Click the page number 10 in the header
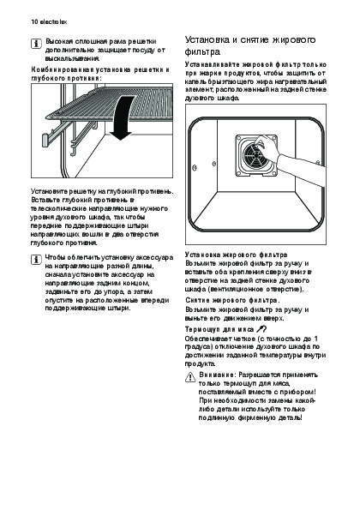click(x=34, y=22)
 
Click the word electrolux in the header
click(x=53, y=22)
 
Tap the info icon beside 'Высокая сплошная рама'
click(x=36, y=44)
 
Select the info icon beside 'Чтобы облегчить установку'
click(x=36, y=260)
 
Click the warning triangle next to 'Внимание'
click(x=190, y=377)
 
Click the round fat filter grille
click(x=256, y=155)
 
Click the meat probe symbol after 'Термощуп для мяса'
click(x=261, y=329)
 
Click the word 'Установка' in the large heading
click(x=207, y=39)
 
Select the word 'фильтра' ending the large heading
click(x=202, y=51)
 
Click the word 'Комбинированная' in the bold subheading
click(x=63, y=69)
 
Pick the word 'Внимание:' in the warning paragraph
click(x=217, y=375)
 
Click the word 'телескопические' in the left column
click(x=59, y=208)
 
